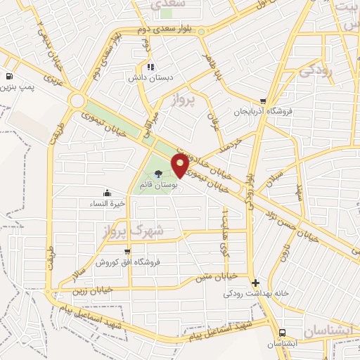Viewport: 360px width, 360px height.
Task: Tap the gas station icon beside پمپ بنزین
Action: [x=8, y=77]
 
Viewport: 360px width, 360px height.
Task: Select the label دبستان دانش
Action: [x=147, y=78]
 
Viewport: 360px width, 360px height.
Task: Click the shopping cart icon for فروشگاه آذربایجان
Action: [x=264, y=101]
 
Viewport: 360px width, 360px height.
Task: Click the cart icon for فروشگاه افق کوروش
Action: [x=127, y=252]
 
